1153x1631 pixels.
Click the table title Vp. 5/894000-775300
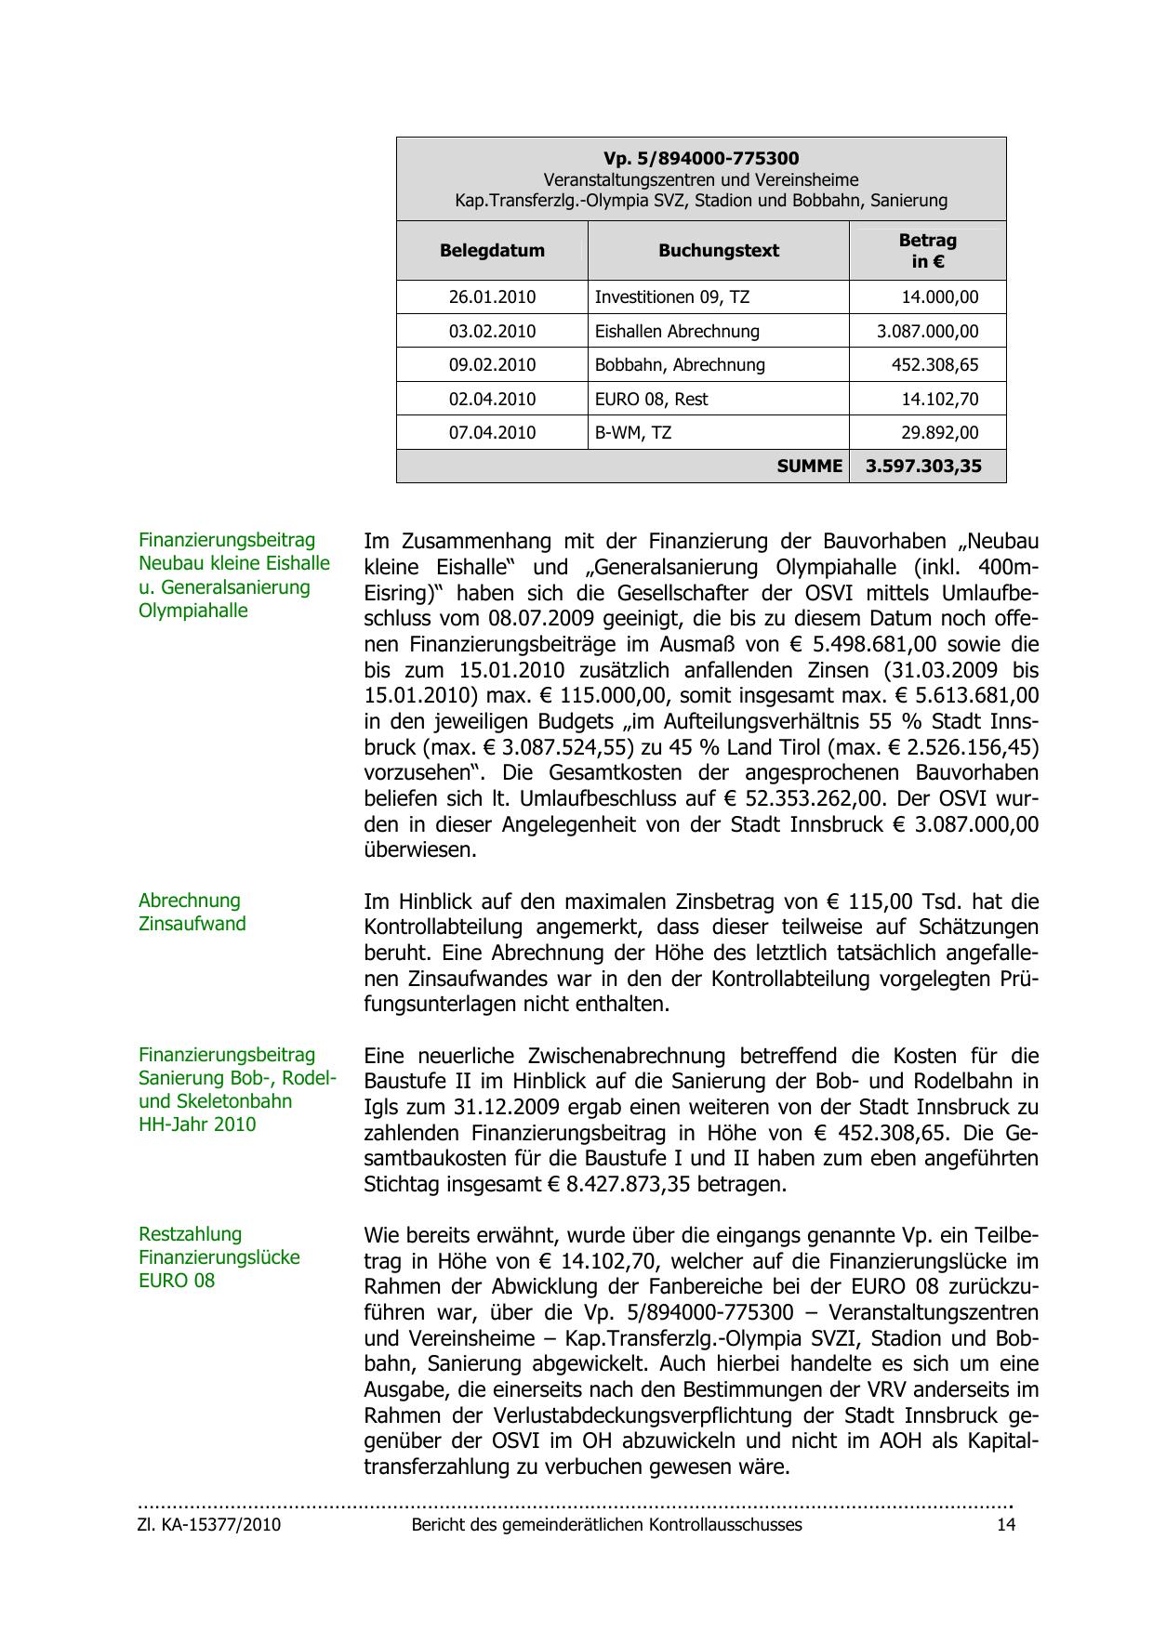point(701,159)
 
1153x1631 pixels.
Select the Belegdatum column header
point(492,250)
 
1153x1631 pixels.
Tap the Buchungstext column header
point(719,250)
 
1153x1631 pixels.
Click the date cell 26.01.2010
point(492,297)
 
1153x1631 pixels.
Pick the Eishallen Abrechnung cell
point(677,331)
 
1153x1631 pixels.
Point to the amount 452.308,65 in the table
point(934,364)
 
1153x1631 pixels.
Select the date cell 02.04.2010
point(492,399)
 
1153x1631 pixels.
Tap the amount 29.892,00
point(940,432)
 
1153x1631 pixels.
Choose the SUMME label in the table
point(809,466)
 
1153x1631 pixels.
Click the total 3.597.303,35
point(923,466)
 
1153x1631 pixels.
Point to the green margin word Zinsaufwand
point(192,924)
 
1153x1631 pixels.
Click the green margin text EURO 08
point(177,1281)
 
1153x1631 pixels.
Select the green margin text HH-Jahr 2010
point(197,1125)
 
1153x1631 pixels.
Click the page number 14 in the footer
point(1006,1525)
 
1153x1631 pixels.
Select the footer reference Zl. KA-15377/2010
point(209,1525)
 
